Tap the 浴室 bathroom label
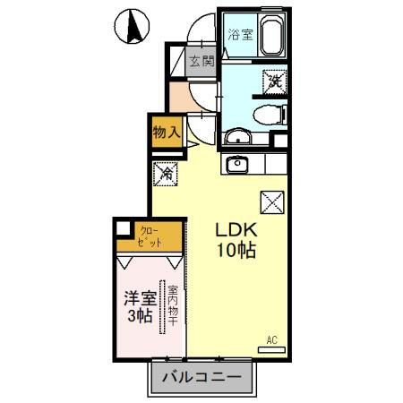pos(239,36)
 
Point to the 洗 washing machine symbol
pos(273,81)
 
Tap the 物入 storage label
pos(167,132)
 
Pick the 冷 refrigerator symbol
pos(167,172)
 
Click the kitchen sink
pos(237,165)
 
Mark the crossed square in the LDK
pos(272,202)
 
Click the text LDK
pos(235,229)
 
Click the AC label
pos(272,341)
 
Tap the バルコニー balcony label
pos(201,379)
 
